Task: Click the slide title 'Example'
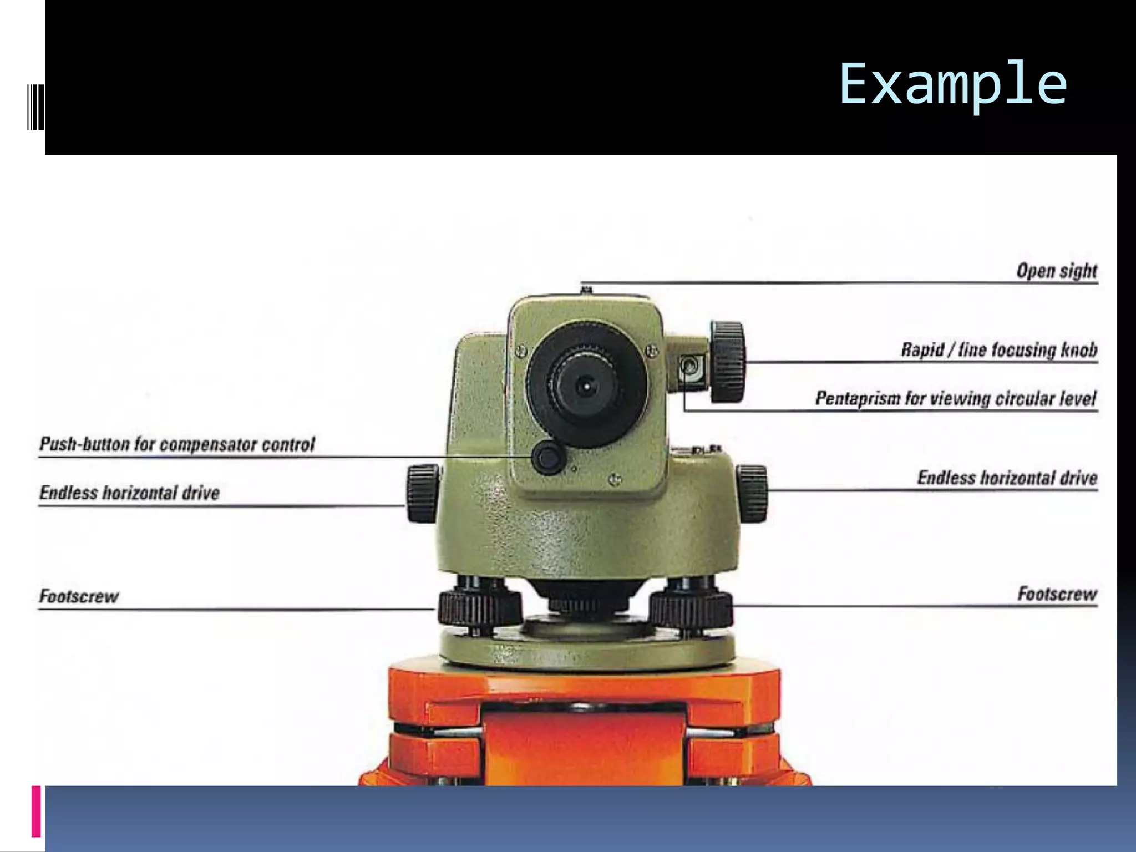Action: (952, 84)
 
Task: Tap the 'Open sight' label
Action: (1056, 271)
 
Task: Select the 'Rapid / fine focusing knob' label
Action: (998, 349)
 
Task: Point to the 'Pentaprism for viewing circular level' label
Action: (955, 398)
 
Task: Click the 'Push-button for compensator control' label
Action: (177, 444)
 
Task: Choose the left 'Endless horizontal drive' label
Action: (129, 493)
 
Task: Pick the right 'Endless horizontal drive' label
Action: (1007, 478)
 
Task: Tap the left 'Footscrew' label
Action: (79, 596)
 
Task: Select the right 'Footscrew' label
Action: (1057, 594)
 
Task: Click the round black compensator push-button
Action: (548, 458)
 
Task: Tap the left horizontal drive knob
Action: (423, 493)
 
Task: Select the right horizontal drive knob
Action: (752, 493)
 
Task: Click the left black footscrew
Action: (479, 607)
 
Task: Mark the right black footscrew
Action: (691, 607)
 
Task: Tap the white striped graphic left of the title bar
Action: (35, 105)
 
